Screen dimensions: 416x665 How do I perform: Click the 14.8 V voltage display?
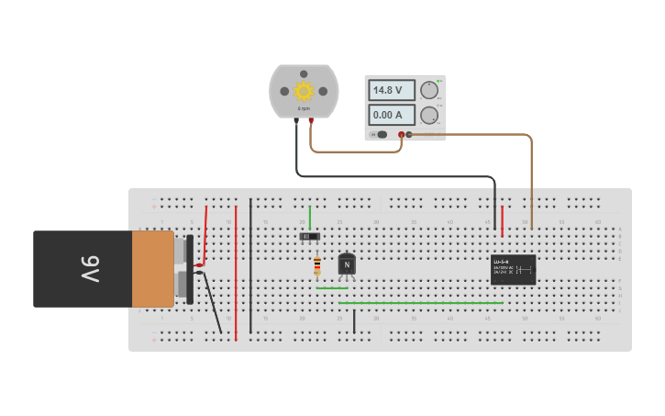coord(389,90)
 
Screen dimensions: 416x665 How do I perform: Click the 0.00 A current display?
coord(389,115)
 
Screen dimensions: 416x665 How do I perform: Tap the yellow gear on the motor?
coord(304,90)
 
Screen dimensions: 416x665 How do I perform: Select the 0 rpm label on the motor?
coord(304,108)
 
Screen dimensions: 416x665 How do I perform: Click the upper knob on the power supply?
coord(429,90)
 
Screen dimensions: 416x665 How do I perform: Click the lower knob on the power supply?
coord(429,115)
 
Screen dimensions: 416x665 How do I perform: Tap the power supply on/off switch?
coord(382,135)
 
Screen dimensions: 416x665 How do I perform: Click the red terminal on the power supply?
coord(401,135)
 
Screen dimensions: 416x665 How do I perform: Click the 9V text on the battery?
coord(89,269)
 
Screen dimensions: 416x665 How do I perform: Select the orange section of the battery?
coord(152,269)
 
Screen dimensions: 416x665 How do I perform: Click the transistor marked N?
coord(347,264)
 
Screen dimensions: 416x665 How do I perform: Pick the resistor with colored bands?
coord(317,265)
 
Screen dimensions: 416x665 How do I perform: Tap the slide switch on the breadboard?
coord(310,237)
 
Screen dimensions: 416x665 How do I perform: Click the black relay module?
coord(513,270)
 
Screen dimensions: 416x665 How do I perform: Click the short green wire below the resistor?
coord(332,288)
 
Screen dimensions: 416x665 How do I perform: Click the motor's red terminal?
coord(311,120)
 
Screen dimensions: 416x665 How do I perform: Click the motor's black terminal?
coord(296,120)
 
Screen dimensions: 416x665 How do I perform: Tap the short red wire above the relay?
coord(502,220)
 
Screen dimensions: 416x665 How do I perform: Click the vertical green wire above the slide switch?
coord(310,217)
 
